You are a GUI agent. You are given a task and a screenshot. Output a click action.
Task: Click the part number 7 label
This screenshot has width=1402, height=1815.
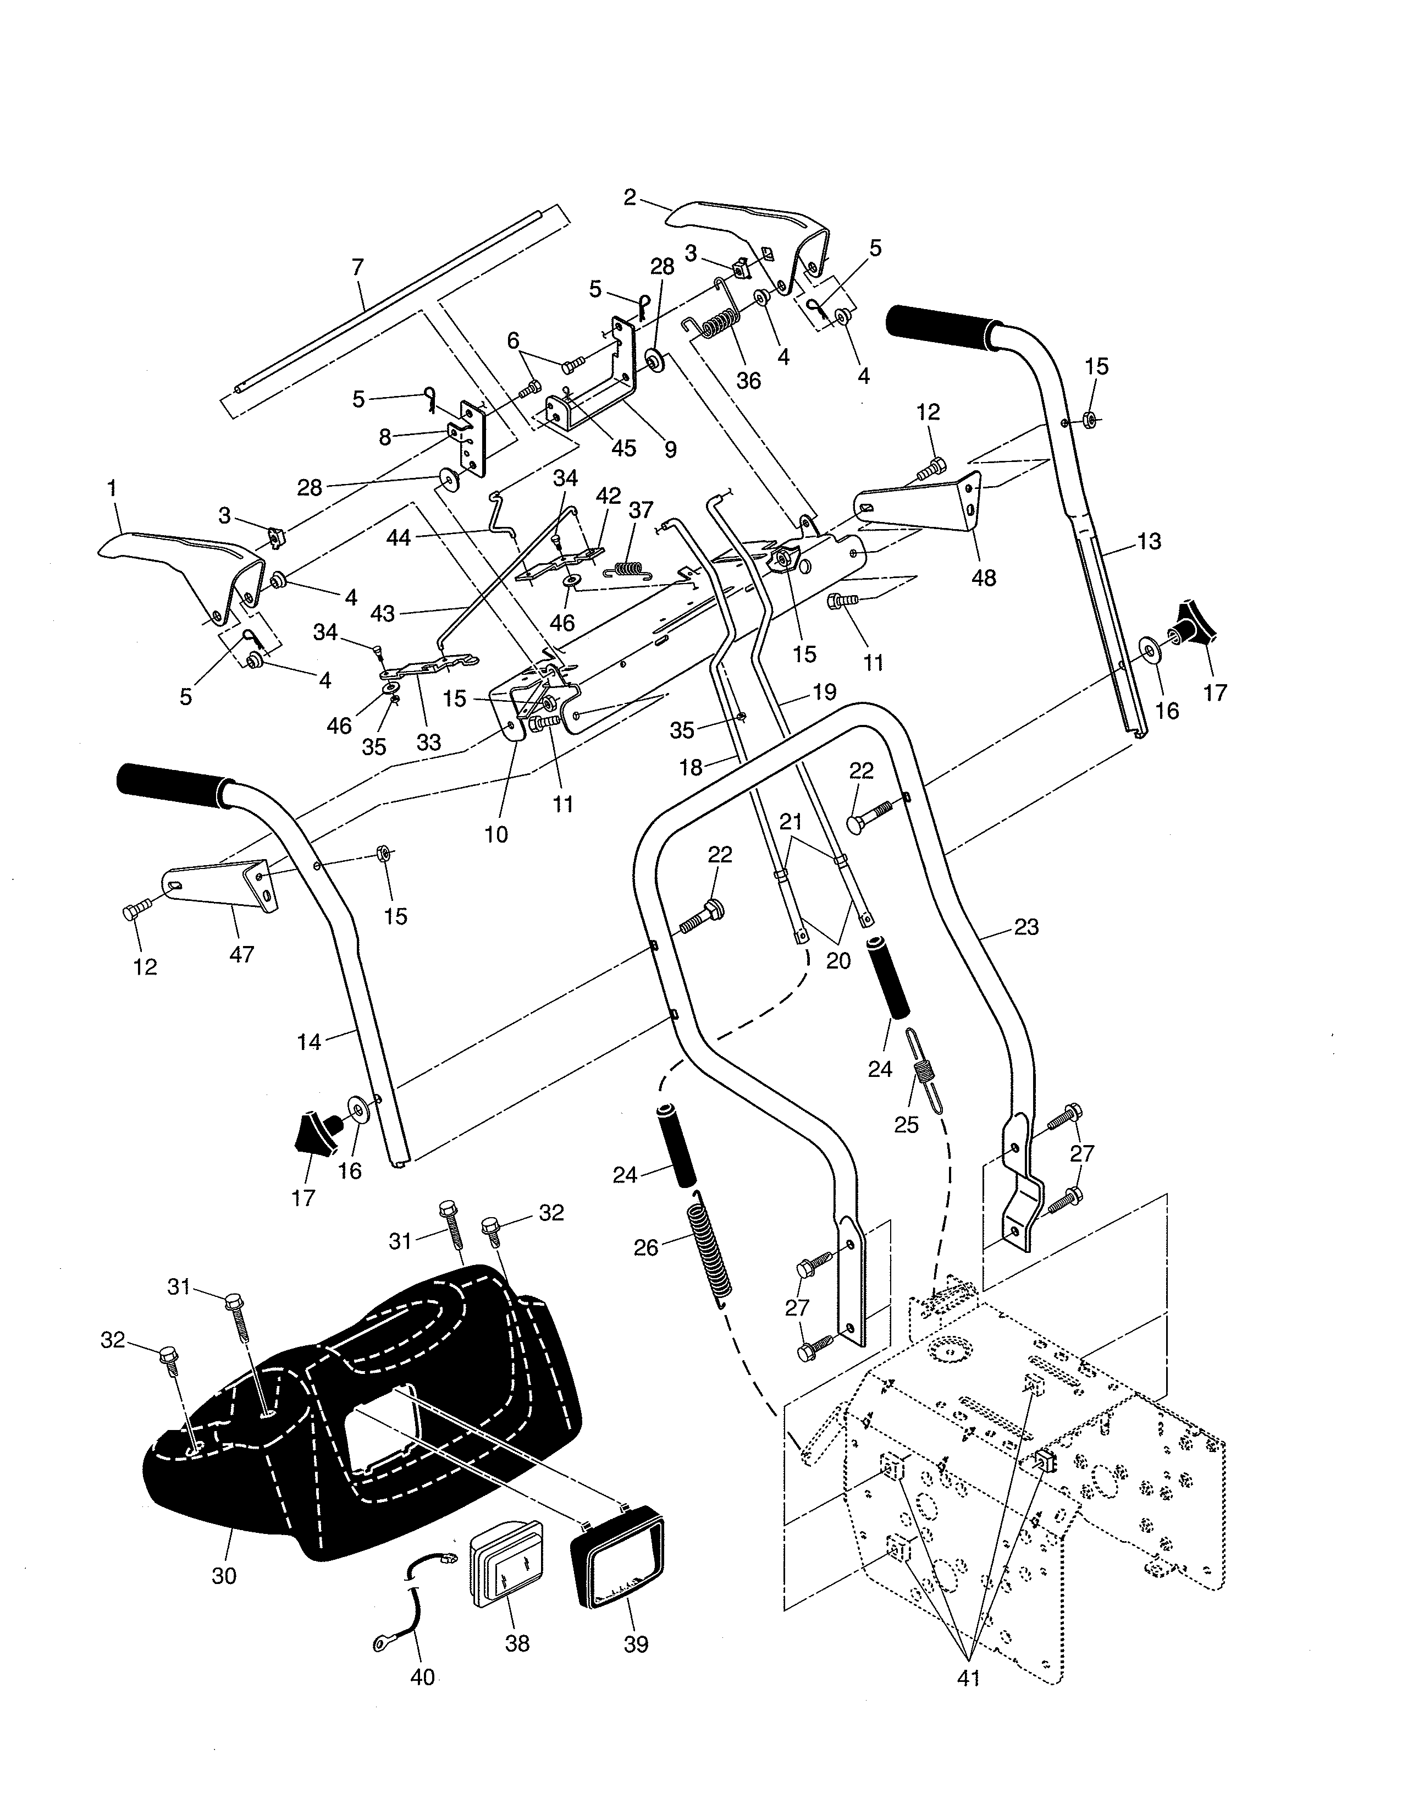pyautogui.click(x=358, y=268)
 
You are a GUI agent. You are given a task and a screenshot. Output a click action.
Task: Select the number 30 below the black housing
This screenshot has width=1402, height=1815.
pyautogui.click(x=224, y=1576)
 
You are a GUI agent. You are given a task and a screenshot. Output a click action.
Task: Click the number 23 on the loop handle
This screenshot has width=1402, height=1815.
pyautogui.click(x=1026, y=927)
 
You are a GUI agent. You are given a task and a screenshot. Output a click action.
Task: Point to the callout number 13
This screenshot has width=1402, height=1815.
pyautogui.click(x=1149, y=541)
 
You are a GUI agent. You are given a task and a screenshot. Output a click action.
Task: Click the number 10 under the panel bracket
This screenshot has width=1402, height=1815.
pyautogui.click(x=496, y=834)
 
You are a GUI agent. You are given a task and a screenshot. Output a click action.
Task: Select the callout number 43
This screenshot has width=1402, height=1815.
pyautogui.click(x=382, y=613)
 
